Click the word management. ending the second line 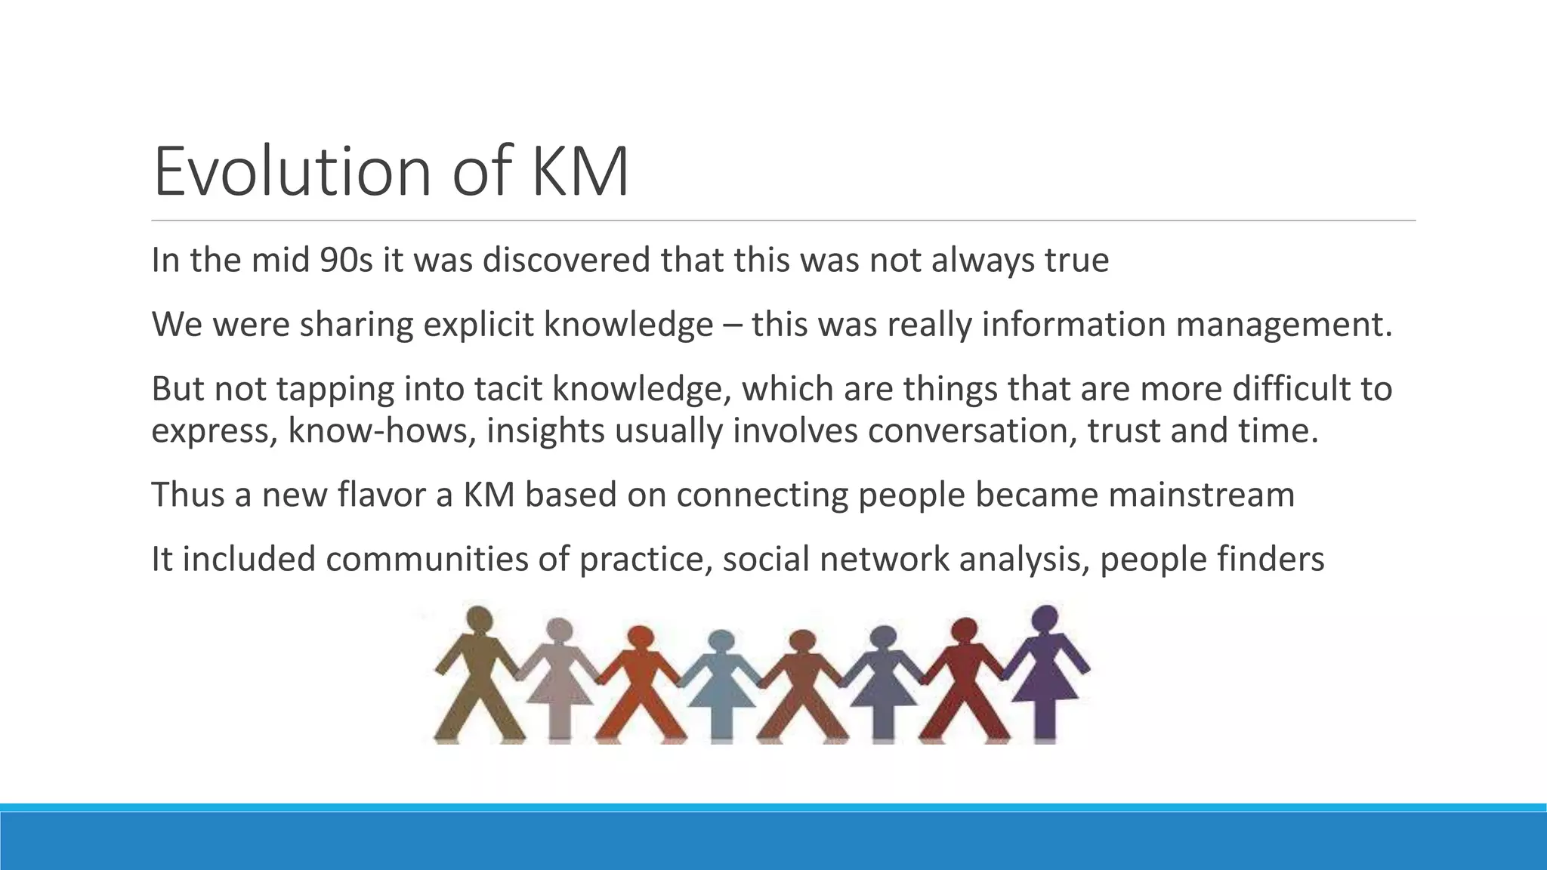1283,325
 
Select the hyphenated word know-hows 382,430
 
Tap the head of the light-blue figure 721,640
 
